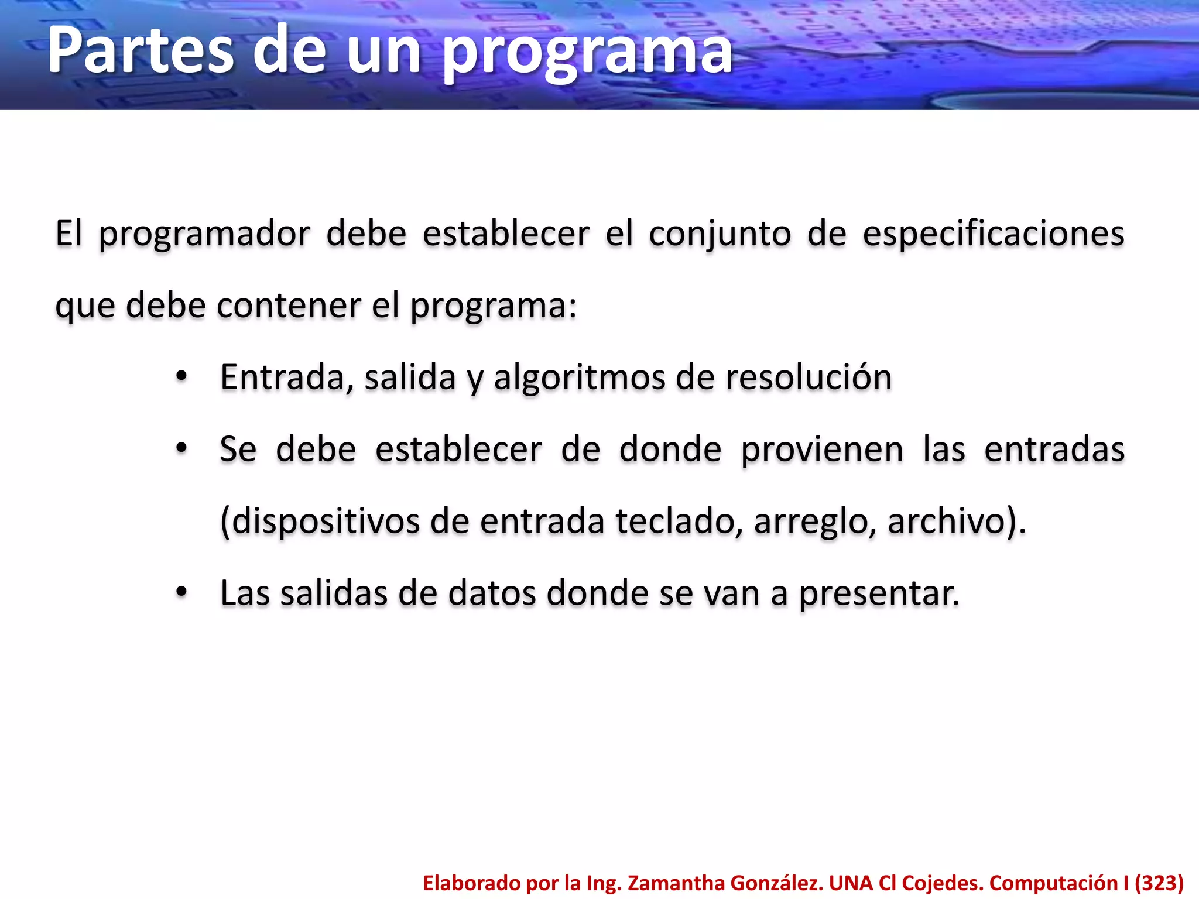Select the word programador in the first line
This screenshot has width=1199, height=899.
tap(204, 235)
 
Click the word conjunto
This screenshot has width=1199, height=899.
tap(720, 235)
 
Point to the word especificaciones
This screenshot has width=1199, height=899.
tap(993, 235)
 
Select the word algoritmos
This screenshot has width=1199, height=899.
tap(579, 378)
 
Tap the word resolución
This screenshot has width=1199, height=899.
tap(809, 378)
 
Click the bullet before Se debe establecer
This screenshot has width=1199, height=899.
tap(181, 448)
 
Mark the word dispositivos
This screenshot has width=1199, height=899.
tap(326, 521)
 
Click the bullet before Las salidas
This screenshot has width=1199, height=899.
tap(181, 592)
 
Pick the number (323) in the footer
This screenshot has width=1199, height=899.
tap(1159, 883)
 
